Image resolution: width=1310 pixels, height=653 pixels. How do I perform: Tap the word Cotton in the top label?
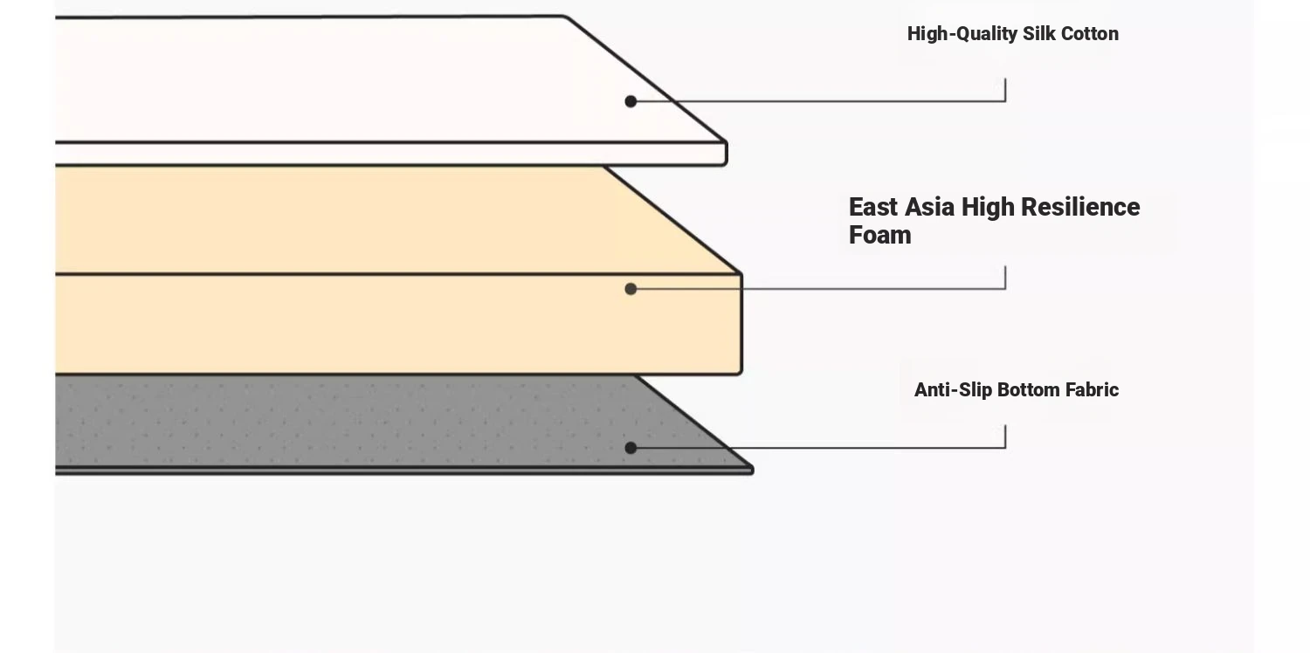1090,33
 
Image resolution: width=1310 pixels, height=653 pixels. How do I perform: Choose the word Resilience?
1081,207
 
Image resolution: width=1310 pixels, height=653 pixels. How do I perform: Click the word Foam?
880,235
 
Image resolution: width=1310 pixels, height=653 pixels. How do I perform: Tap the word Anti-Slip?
954,390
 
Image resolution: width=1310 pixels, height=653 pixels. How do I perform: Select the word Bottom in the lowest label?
1029,390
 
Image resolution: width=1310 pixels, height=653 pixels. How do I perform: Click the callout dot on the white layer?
631,102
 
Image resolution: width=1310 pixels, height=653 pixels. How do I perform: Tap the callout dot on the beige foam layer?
631,289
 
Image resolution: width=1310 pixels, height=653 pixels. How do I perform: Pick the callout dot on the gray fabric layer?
631,448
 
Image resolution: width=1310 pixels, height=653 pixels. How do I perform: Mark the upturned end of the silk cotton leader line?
1005,79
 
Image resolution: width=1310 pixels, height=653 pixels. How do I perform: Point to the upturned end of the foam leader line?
1005,266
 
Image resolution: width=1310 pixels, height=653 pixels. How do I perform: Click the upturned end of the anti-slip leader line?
1005,426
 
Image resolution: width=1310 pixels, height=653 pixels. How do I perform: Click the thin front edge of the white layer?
390,154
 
